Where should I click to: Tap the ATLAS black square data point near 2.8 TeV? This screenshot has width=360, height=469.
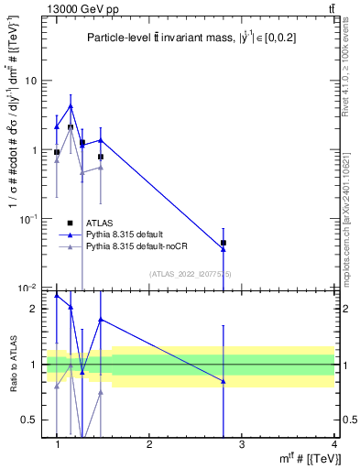[x=224, y=243]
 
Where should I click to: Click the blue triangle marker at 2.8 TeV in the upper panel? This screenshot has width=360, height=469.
[x=224, y=249]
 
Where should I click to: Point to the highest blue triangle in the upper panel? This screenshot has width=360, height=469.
[x=71, y=106]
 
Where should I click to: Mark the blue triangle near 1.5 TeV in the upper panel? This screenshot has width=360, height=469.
[x=101, y=140]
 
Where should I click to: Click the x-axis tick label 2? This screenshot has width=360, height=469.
[x=149, y=443]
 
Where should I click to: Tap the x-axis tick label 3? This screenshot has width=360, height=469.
[x=242, y=443]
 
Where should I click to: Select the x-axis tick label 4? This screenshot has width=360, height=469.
[x=334, y=443]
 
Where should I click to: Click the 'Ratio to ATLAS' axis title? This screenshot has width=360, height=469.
[x=13, y=365]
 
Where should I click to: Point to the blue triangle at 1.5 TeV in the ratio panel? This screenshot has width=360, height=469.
[x=101, y=320]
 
